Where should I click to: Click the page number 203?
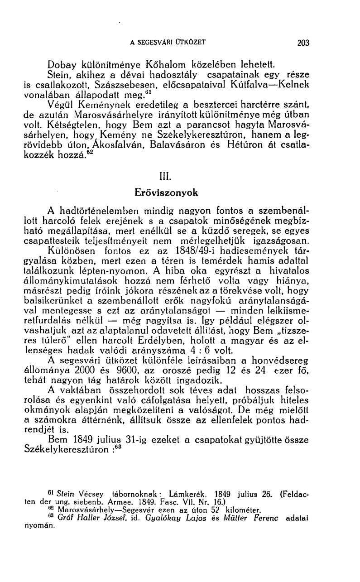click(x=303, y=43)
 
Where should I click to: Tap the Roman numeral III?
click(x=167, y=175)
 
